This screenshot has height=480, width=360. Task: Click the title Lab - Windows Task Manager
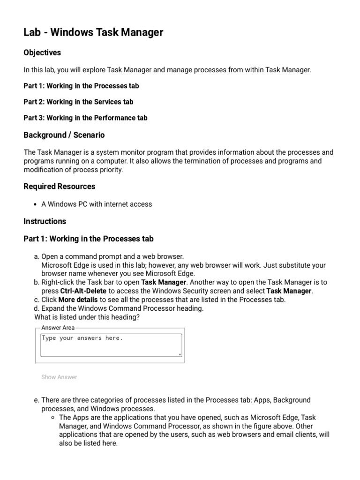(93, 32)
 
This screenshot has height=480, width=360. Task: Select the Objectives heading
(42, 52)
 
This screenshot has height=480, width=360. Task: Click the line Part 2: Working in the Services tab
(78, 102)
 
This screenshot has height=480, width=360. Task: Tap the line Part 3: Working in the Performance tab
(85, 118)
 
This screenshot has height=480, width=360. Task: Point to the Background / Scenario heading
(64, 135)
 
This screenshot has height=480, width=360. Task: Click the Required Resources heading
(59, 187)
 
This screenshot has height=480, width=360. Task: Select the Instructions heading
(45, 221)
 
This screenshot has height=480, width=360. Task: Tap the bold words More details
(78, 300)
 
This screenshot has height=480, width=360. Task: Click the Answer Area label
(58, 328)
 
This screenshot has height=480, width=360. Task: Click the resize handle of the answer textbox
(180, 354)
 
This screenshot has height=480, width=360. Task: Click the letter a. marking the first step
(37, 256)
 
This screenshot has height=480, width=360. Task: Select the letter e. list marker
(37, 400)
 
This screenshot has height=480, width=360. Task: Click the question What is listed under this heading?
(87, 317)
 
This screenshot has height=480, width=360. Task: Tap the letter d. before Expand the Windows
(37, 308)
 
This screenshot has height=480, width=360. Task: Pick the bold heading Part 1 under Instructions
(88, 239)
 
